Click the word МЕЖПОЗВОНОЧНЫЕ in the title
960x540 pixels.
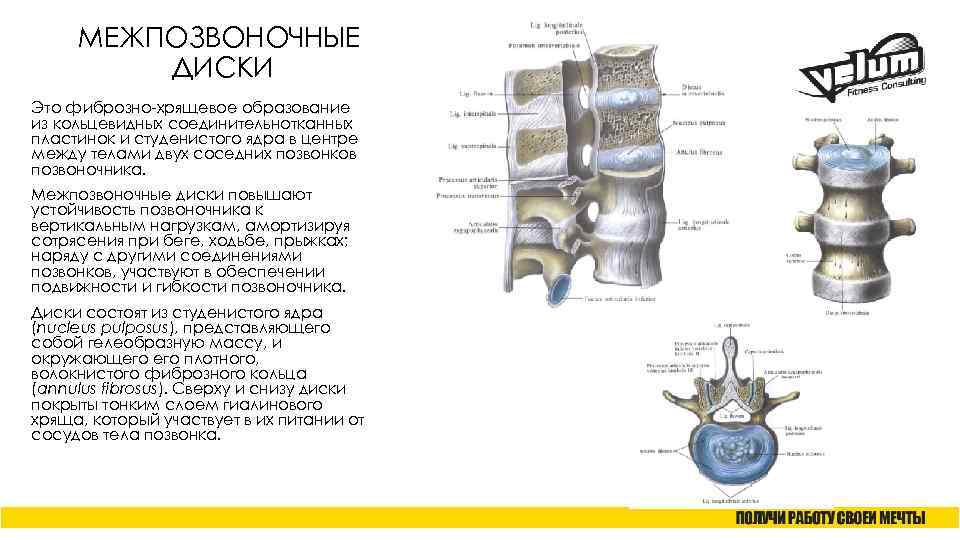click(x=218, y=40)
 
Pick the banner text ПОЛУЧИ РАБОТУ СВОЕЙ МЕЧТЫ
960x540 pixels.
click(x=830, y=518)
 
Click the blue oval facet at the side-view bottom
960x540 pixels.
click(x=557, y=287)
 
